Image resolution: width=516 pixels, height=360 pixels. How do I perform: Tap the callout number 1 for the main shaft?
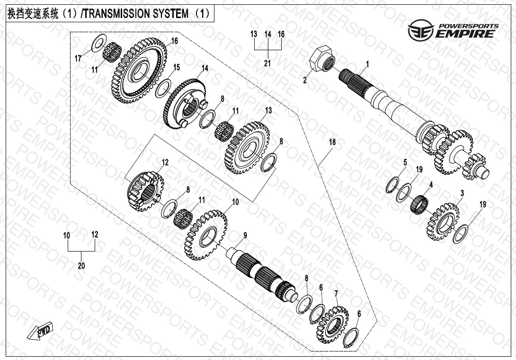pos(367,63)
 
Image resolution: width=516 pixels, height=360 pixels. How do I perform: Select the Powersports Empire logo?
pos(453,30)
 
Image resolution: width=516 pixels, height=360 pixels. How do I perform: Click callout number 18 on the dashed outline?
pos(332,143)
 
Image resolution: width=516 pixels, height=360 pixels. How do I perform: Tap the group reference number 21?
pos(267,63)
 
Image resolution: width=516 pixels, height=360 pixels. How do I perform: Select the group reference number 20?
pos(81,266)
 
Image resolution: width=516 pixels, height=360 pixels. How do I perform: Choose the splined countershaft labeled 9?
pos(265,275)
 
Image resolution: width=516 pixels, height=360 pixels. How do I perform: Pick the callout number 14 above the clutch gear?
pos(205,68)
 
